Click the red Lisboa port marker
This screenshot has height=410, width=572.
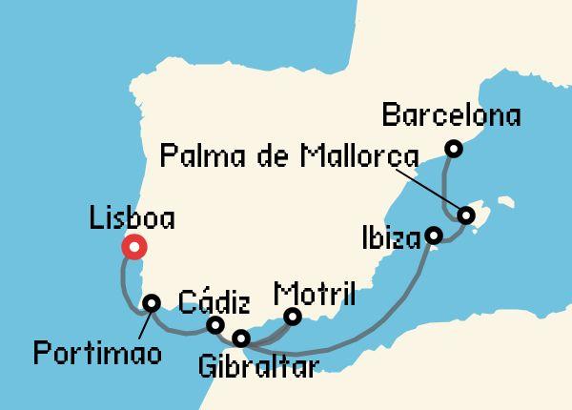[134, 248]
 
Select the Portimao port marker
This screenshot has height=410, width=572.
[152, 303]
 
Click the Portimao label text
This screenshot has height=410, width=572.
[96, 355]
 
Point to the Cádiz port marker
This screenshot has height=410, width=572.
[215, 325]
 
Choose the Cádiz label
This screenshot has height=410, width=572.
[214, 304]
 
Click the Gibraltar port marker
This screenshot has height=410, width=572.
[241, 338]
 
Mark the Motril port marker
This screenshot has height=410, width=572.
[293, 316]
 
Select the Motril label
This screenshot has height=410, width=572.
[314, 292]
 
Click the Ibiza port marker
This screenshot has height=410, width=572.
[433, 235]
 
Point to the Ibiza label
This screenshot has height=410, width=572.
[392, 236]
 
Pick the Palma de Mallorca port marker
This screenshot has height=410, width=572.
[466, 215]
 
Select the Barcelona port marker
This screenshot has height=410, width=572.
[454, 148]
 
